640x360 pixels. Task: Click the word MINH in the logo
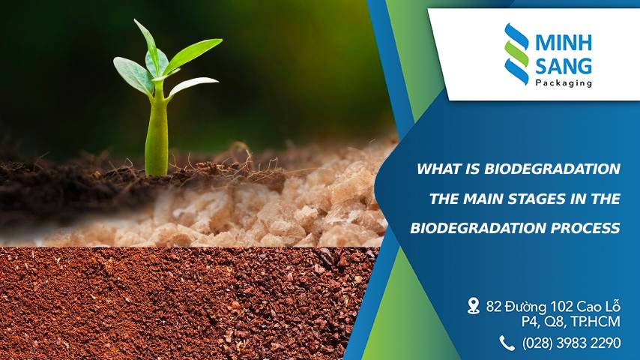pyautogui.click(x=564, y=41)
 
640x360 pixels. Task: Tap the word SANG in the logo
pyautogui.click(x=564, y=66)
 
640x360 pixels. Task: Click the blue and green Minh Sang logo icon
pyautogui.click(x=516, y=53)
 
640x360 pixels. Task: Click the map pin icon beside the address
pyautogui.click(x=474, y=305)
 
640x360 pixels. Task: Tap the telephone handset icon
pyautogui.click(x=507, y=343)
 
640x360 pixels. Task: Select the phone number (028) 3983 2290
pyautogui.click(x=571, y=343)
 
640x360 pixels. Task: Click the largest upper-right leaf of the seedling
pyautogui.click(x=193, y=55)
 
